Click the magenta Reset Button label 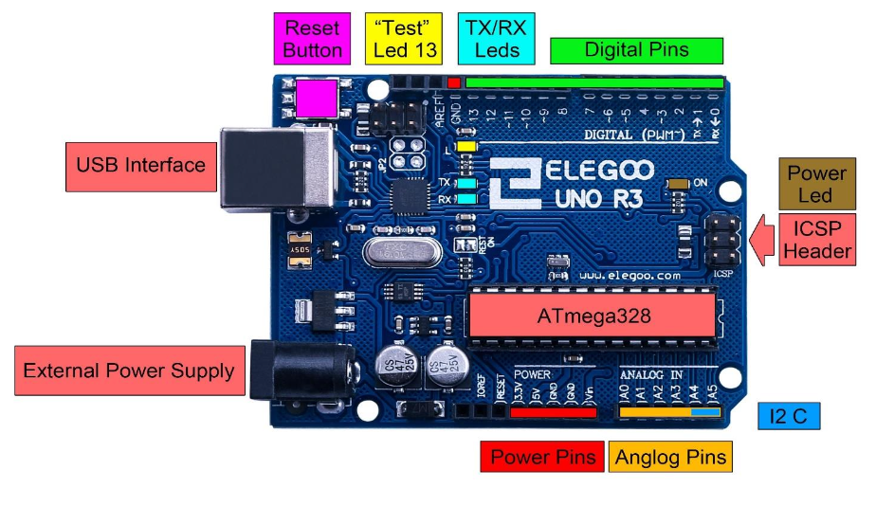tap(313, 39)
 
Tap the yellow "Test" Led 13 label tap(404, 39)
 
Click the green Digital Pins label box tap(636, 49)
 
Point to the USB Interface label tap(140, 165)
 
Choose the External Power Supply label tap(128, 370)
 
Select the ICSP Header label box tap(816, 240)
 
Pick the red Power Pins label tap(542, 458)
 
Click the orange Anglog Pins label tap(670, 458)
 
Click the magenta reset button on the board tap(317, 99)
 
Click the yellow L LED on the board tap(465, 147)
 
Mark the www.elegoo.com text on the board tap(629, 276)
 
